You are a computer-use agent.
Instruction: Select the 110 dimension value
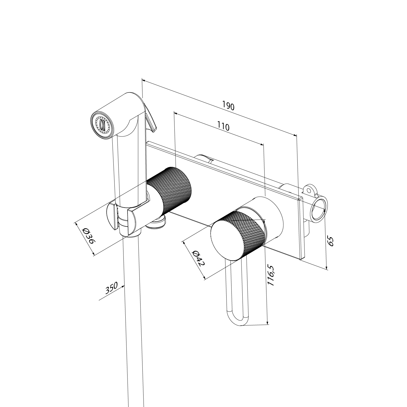(x=223, y=126)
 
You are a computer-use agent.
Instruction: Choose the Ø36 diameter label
(x=88, y=236)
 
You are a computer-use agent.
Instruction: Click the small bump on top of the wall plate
(x=203, y=158)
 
